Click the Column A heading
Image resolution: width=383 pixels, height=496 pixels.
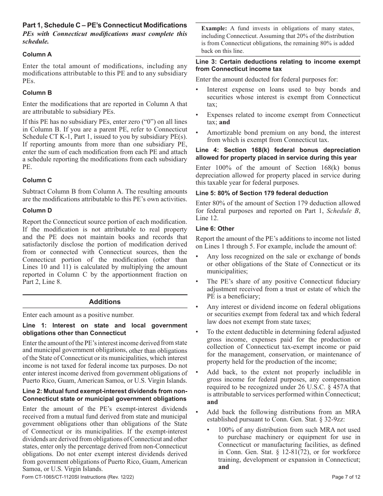[37, 54]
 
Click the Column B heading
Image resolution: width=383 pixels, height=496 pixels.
[37, 93]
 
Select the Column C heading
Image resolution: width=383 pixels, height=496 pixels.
[37, 180]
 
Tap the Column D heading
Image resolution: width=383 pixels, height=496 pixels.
[37, 210]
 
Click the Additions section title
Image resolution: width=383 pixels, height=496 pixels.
[105, 302]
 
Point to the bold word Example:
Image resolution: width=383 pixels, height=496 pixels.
[214, 28]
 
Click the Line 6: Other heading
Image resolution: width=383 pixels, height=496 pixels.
[215, 229]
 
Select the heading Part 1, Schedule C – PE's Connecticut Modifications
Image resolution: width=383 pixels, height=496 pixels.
[105, 25]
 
